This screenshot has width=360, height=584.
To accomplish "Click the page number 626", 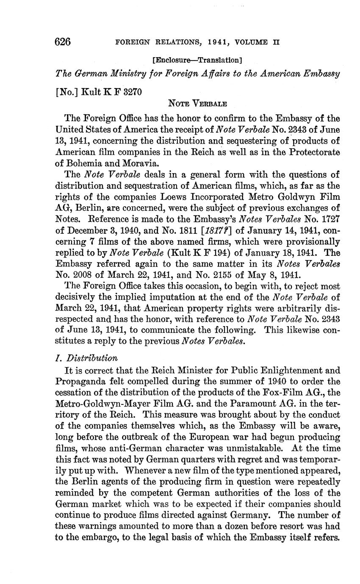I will coord(62,42).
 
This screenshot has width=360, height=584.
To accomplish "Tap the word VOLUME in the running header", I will coord(254,42).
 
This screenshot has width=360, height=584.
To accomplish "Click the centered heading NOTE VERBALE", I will coord(197,103).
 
